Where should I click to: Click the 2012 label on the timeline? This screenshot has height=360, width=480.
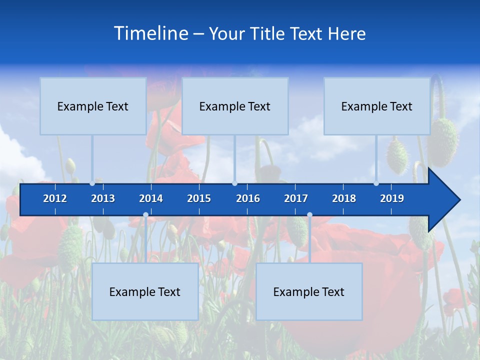[x=55, y=198]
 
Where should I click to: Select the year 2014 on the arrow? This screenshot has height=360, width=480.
[x=151, y=198]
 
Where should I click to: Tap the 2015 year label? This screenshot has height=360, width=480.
[x=199, y=198]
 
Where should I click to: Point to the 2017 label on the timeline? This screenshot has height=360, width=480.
[x=296, y=198]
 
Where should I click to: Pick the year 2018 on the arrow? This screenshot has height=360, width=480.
[x=344, y=198]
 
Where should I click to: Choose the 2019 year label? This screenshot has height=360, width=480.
[x=392, y=198]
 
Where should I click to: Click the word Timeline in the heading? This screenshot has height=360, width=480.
[x=150, y=33]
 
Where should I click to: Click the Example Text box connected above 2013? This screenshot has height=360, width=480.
[x=93, y=106]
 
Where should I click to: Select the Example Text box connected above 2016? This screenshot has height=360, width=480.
[x=235, y=106]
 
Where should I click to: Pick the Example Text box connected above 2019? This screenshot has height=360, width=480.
[x=377, y=106]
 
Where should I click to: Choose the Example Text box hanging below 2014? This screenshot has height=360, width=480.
[x=145, y=291]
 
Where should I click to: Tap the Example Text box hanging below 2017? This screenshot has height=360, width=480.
[x=309, y=291]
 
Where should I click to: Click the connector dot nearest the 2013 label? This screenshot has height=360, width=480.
[x=92, y=183]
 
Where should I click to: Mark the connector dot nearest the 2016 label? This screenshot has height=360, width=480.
[x=234, y=183]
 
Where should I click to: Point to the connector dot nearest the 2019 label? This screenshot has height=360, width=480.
[x=376, y=183]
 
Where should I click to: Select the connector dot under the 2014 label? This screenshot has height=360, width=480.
[x=145, y=215]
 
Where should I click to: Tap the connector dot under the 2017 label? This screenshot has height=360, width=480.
[x=309, y=215]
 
